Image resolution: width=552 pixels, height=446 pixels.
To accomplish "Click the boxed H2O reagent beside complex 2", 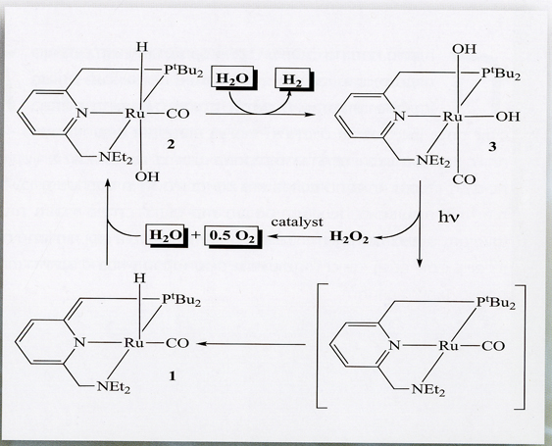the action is (233, 78).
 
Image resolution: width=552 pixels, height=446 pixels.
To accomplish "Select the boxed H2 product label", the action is (293, 79).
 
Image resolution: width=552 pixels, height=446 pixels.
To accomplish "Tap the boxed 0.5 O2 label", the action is (232, 236).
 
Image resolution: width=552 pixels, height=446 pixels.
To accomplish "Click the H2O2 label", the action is (349, 237).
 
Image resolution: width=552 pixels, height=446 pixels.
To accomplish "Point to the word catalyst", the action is (297, 223).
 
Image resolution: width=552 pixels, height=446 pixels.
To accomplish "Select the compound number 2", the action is (171, 144).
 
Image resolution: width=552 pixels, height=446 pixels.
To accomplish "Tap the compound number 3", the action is (492, 146).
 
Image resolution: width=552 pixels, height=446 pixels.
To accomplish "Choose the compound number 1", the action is (173, 376).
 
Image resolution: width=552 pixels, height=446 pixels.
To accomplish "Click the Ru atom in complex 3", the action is (452, 117).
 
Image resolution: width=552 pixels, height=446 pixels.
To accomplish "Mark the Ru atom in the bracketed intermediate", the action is (448, 346).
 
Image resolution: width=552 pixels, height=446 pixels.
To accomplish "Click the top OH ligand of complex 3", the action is (464, 49).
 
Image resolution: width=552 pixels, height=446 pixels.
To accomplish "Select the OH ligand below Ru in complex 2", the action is (147, 176).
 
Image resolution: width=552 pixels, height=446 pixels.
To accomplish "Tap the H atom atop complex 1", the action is (140, 278).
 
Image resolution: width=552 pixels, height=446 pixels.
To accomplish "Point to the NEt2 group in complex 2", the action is (116, 158).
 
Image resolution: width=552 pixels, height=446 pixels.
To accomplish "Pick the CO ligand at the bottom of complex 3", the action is (464, 179).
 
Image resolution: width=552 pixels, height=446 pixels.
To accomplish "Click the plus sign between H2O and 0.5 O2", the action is (196, 236).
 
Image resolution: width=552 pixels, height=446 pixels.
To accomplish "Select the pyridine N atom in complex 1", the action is (80, 342).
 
